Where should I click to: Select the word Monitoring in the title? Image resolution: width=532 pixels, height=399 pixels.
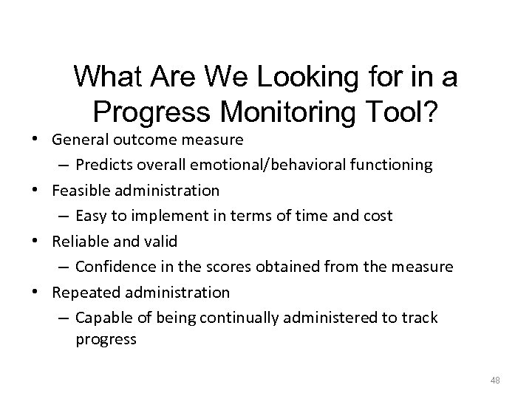(283, 111)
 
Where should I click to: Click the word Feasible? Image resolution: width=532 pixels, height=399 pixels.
(79, 191)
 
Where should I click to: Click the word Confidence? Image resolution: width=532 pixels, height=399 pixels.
(115, 267)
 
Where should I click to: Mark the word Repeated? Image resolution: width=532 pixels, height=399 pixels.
(83, 292)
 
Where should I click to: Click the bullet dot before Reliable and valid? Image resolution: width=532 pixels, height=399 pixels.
(43, 241)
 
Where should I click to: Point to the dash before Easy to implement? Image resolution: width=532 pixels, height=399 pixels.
(64, 216)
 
